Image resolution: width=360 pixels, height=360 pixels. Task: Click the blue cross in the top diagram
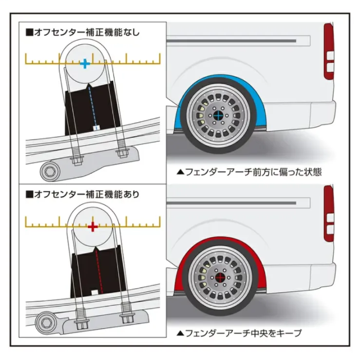click(x=85, y=63)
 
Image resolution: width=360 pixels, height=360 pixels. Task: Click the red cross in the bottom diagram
click(x=93, y=227)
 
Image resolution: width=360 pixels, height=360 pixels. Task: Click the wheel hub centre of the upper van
click(x=218, y=115)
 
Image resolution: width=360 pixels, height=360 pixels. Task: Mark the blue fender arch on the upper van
click(x=182, y=105)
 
